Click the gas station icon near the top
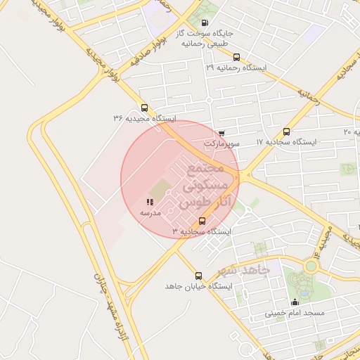click(x=205, y=22)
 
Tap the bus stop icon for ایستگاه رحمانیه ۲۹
click(x=236, y=58)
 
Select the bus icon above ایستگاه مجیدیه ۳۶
click(x=145, y=108)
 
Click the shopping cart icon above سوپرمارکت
click(x=221, y=133)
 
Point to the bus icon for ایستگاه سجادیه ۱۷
click(x=286, y=131)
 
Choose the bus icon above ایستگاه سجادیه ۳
click(x=202, y=221)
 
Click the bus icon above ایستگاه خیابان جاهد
click(x=198, y=276)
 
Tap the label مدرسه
click(x=150, y=212)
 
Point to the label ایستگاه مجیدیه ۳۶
click(x=146, y=118)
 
